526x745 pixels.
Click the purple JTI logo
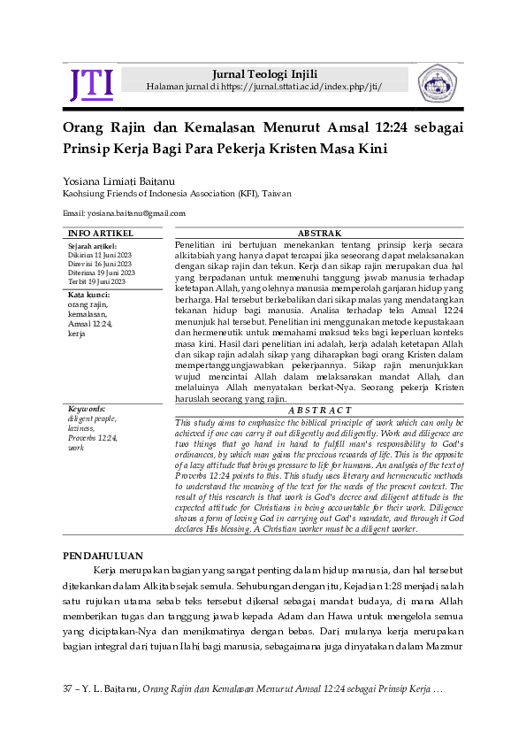click(x=91, y=84)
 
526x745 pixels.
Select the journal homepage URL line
click(x=265, y=86)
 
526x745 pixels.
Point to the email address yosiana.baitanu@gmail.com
click(x=124, y=213)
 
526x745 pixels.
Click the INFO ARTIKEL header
click(x=101, y=233)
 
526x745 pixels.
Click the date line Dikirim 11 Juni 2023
click(x=99, y=254)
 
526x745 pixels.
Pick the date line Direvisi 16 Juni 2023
click(x=99, y=264)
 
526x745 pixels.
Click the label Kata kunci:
click(x=88, y=295)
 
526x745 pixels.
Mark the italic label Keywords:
click(x=87, y=410)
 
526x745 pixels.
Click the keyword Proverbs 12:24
click(x=92, y=439)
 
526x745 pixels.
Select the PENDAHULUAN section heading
click(x=104, y=556)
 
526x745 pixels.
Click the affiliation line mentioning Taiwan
click(x=176, y=193)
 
